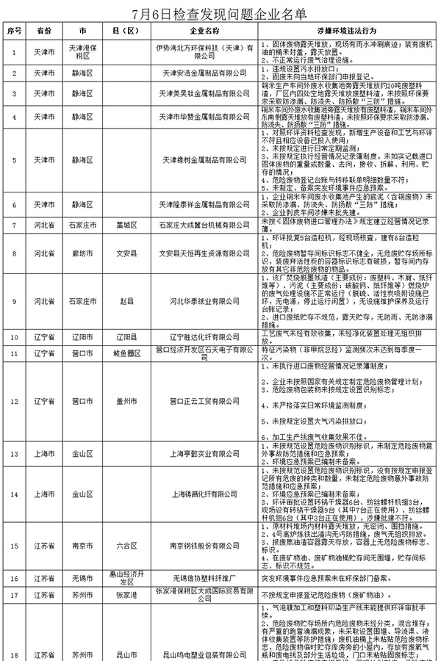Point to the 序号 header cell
pyautogui.click(x=14, y=33)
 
